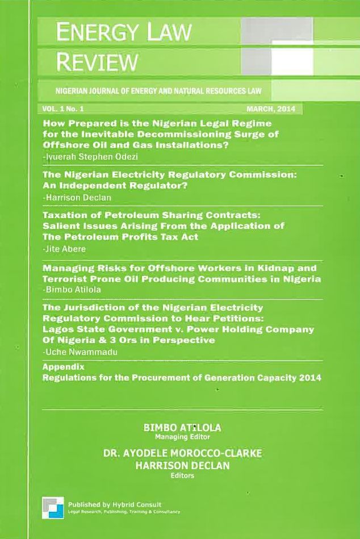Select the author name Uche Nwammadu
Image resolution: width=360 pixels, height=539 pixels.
[x=74, y=353]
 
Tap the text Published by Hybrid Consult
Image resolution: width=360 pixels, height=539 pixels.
[x=114, y=504]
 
